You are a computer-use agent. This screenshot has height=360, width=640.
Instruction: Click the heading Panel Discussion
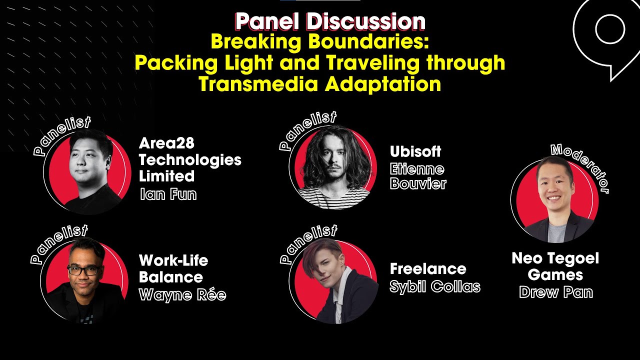[330, 21]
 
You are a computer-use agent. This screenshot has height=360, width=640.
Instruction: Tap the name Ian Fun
[168, 194]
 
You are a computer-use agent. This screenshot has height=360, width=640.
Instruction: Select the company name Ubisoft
[415, 151]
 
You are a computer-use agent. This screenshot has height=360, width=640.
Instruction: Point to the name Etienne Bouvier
[417, 176]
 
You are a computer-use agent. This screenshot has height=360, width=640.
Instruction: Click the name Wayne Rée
[182, 295]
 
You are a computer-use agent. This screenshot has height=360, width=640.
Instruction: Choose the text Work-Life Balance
[173, 268]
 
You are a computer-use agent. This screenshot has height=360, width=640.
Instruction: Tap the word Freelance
[427, 269]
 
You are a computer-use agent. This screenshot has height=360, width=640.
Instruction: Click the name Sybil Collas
[434, 287]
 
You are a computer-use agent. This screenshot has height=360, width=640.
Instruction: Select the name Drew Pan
[555, 292]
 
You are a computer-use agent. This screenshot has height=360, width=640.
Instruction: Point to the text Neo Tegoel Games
[555, 266]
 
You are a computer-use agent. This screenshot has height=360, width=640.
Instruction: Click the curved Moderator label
[582, 165]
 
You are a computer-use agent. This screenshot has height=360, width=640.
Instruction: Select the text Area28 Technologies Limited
[189, 160]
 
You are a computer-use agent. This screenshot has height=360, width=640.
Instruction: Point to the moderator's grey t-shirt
[556, 232]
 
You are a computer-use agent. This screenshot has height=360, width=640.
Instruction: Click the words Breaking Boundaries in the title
[320, 41]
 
